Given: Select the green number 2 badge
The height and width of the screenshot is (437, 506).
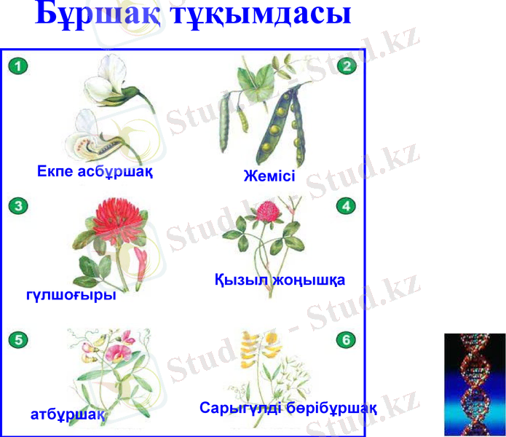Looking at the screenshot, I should tap(347, 66).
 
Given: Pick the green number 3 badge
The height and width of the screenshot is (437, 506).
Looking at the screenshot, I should tap(19, 205).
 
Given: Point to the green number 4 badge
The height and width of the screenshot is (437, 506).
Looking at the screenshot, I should tap(347, 205).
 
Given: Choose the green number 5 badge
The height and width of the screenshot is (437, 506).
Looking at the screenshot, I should tap(19, 339).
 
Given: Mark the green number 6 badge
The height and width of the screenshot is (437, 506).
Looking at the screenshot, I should tap(347, 339).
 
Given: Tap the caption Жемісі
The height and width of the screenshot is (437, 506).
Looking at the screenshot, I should tap(270, 176).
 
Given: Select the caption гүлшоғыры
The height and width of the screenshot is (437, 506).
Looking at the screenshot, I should tap(71, 296).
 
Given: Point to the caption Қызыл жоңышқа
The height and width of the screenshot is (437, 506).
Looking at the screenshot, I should tap(280, 280).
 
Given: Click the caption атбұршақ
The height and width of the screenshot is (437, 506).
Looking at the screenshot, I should tap(68, 414).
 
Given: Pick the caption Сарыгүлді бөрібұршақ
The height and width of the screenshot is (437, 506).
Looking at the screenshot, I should tap(288, 408).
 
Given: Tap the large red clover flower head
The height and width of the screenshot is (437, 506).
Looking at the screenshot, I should tap(114, 223).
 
